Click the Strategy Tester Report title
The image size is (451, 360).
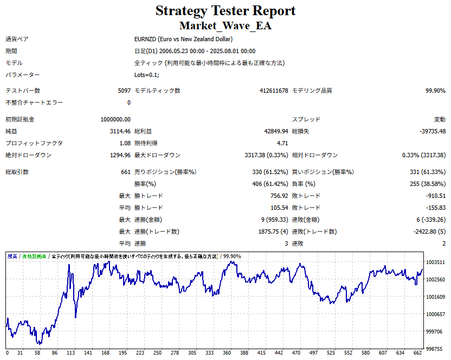(x=225, y=10)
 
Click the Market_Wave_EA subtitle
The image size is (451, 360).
(x=225, y=25)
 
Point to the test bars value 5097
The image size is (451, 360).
(x=124, y=91)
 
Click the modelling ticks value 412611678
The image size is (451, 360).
(x=274, y=91)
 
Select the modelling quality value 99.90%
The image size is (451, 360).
(x=435, y=91)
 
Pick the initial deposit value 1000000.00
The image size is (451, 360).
(x=115, y=119)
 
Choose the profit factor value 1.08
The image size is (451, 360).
(x=124, y=143)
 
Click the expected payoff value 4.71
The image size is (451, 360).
(x=282, y=143)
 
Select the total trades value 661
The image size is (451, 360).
(x=125, y=172)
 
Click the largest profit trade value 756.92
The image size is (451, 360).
(x=277, y=196)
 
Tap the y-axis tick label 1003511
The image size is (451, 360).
(x=435, y=262)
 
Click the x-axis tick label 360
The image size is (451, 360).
(x=227, y=353)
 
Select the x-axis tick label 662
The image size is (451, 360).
(x=416, y=353)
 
